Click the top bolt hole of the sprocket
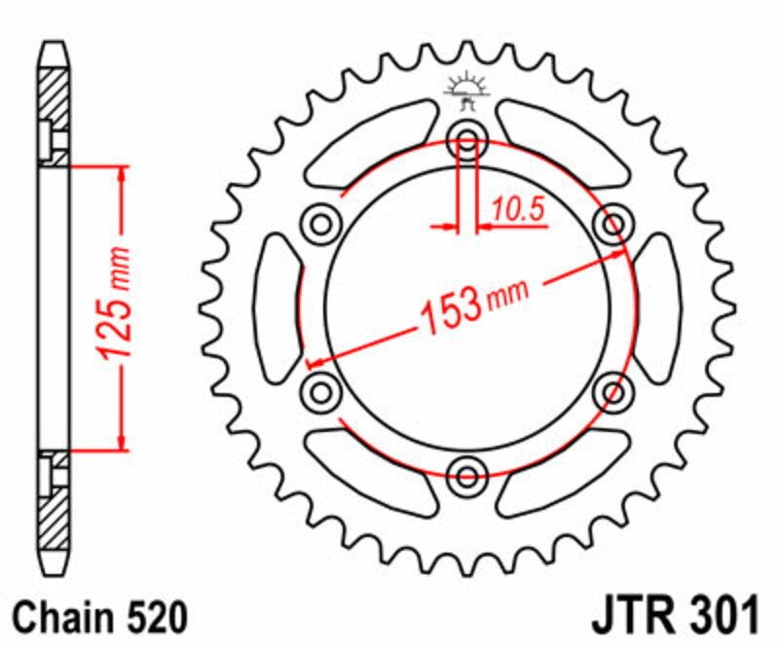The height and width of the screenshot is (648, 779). (467, 143)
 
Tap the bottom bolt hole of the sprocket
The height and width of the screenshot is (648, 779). (467, 475)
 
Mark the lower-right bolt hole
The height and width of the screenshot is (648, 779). (613, 392)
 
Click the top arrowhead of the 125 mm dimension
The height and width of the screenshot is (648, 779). (122, 175)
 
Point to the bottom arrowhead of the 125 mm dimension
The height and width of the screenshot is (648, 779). (122, 442)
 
